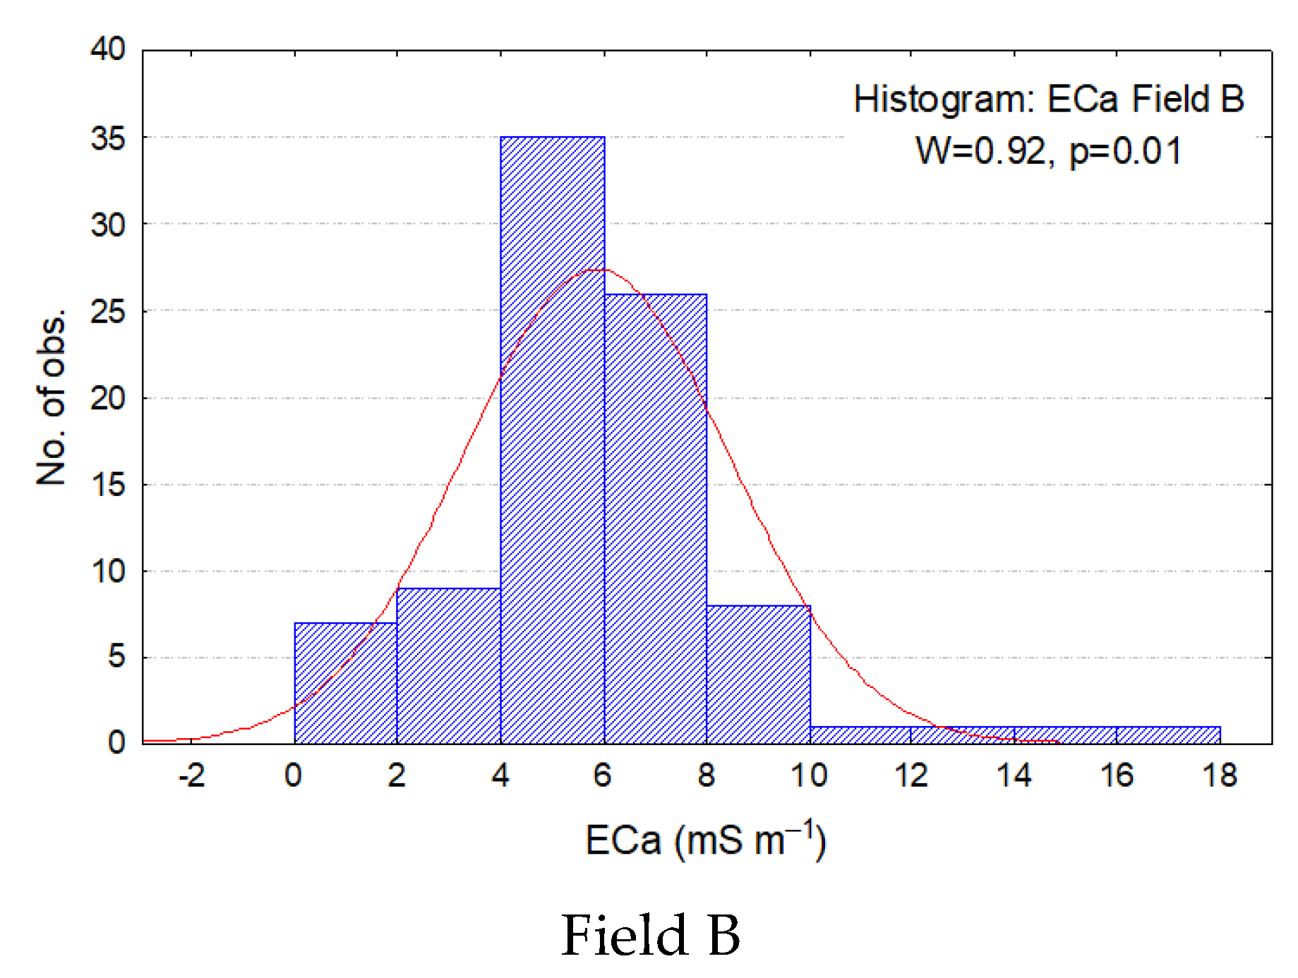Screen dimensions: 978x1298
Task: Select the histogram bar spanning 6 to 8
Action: click(x=655, y=519)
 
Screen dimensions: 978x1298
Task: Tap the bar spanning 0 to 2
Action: click(x=345, y=683)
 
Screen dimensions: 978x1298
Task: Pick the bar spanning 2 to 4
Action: click(x=448, y=665)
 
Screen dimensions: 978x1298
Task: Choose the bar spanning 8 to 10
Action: click(x=758, y=674)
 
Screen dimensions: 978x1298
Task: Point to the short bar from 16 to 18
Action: click(x=1168, y=735)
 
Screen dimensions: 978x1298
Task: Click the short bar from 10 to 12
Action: click(x=860, y=735)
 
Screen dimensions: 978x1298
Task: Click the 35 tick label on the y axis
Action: click(x=107, y=138)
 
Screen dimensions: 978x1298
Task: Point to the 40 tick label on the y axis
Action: click(x=107, y=49)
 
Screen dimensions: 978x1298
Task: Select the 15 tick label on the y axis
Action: click(x=107, y=485)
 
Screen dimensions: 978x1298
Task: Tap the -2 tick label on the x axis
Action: click(x=191, y=776)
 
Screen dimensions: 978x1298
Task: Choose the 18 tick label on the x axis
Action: click(x=1220, y=776)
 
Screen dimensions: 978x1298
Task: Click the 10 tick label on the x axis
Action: click(x=809, y=776)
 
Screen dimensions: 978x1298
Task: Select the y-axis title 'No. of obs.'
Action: click(x=52, y=397)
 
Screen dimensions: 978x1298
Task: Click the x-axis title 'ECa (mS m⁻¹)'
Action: click(x=705, y=840)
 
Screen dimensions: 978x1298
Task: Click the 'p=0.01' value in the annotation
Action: click(x=1125, y=151)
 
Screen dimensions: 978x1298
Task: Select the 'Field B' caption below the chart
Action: click(x=650, y=935)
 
